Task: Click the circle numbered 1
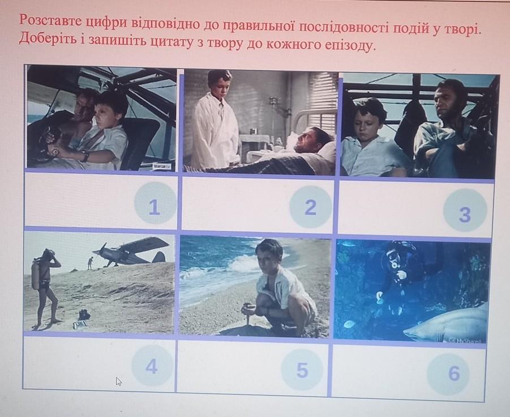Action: coord(155,203)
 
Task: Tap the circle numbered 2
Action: coord(311,207)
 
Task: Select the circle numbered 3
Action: coord(465,211)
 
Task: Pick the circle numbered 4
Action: coord(152,366)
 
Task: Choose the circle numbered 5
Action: coord(302,370)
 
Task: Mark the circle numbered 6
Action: coord(448,373)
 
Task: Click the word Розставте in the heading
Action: coord(51,20)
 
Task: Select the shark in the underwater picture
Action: coord(445,323)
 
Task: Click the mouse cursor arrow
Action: coord(119,381)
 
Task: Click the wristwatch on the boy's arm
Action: coord(85,155)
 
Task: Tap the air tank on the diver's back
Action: coord(36,275)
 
